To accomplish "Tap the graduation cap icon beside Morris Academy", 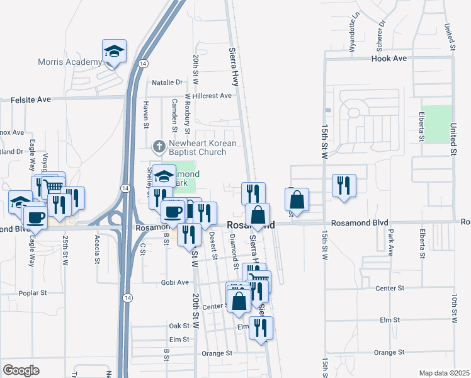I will click(115, 50).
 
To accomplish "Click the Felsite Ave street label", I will click(31, 100).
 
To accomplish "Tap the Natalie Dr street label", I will click(167, 82).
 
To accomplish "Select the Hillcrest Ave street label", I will click(213, 96).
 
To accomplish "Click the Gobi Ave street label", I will click(175, 282).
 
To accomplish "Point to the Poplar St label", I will click(33, 293).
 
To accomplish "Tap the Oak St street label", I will click(179, 326).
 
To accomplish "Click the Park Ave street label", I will click(390, 243).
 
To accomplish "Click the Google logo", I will click(21, 370).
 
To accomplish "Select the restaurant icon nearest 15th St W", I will click(344, 185).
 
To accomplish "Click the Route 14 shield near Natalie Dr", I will click(144, 64).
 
